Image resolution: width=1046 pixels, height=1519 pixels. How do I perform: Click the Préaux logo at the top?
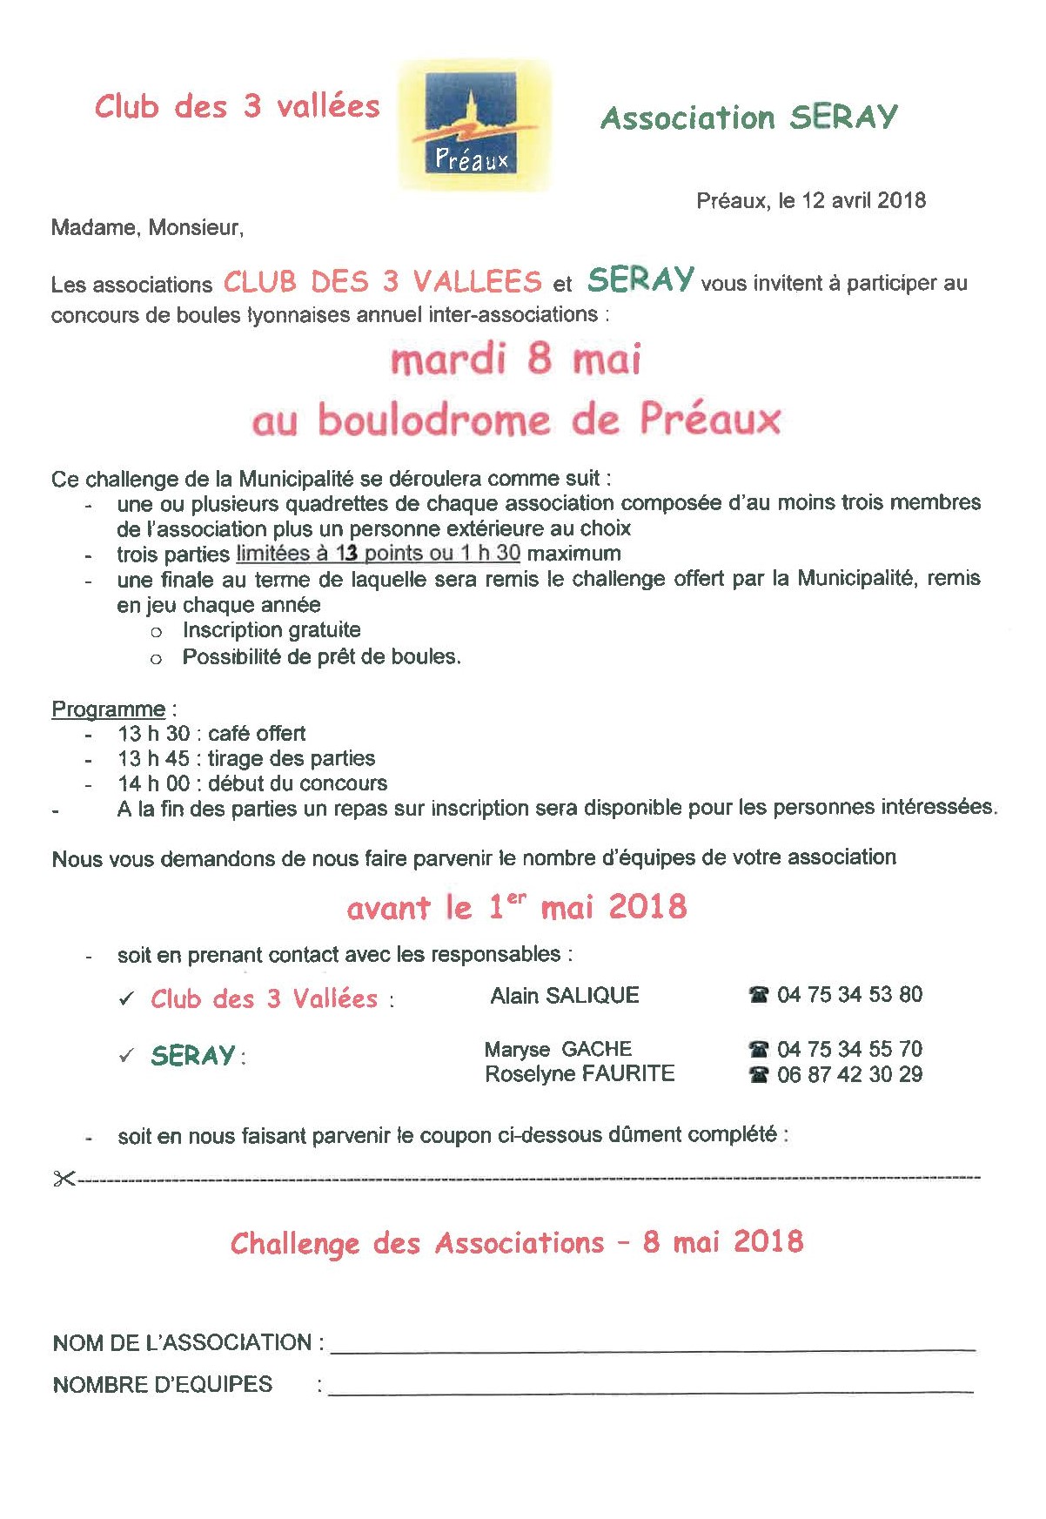(x=474, y=125)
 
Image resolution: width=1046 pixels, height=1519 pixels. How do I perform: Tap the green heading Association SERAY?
(x=748, y=118)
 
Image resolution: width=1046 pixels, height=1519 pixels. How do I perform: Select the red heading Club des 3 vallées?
(x=237, y=106)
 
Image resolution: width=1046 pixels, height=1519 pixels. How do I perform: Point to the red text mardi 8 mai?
(x=516, y=360)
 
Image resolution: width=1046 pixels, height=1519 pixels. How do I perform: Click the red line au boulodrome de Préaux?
(x=516, y=420)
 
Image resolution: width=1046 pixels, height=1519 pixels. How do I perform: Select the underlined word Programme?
(x=108, y=709)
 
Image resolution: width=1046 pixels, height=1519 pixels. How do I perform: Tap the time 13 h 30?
(x=153, y=734)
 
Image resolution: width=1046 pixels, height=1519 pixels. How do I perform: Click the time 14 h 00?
(x=153, y=783)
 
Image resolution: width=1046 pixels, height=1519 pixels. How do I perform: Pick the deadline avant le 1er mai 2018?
(x=516, y=908)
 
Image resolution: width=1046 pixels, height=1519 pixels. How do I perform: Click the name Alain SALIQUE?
(x=564, y=996)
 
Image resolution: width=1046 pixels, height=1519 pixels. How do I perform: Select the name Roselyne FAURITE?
(x=580, y=1074)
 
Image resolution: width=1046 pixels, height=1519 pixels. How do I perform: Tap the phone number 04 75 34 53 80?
(x=849, y=995)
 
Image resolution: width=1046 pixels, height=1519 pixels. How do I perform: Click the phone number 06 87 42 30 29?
(x=849, y=1075)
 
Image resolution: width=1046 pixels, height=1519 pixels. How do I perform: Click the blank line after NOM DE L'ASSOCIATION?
(x=653, y=1346)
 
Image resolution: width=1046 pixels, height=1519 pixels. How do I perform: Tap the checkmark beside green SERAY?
(x=127, y=1056)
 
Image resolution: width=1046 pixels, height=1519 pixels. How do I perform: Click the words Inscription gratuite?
(x=272, y=630)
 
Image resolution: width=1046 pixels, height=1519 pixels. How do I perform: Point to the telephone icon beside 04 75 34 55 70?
(x=759, y=1050)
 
